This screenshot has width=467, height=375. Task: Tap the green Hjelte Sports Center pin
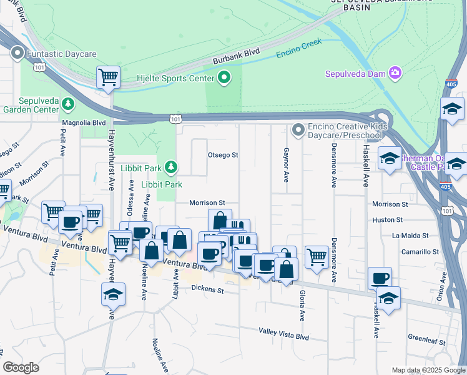224,78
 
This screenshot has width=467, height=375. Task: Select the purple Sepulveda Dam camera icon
395,74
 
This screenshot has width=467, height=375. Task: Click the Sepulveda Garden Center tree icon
66,103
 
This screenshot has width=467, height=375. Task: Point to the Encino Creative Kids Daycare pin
298,130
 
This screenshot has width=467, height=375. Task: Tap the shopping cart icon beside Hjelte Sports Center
108,77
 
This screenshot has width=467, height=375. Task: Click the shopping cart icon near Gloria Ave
317,256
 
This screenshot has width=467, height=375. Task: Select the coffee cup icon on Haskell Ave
380,278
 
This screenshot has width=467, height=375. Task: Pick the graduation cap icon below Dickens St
113,294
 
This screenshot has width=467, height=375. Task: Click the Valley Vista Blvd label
284,336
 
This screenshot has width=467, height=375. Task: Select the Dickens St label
207,289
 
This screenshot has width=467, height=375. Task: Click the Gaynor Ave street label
286,166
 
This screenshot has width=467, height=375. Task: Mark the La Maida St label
410,236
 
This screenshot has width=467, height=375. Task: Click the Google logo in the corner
21,367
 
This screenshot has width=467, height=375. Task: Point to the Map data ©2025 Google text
428,370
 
